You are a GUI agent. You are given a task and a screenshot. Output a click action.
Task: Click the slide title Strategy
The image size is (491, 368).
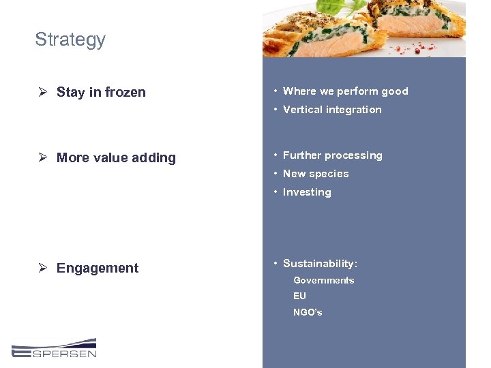(70, 40)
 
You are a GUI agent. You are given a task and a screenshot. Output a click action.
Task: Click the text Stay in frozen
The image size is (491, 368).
(101, 93)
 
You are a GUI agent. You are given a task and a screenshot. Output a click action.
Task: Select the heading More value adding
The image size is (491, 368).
(116, 158)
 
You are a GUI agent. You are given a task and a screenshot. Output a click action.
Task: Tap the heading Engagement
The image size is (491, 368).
(98, 269)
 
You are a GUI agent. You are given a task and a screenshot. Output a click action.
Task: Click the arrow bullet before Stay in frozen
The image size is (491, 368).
(42, 92)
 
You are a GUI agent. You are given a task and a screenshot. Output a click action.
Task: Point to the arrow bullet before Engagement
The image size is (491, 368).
(42, 268)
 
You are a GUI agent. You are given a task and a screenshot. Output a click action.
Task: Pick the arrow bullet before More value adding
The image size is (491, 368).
(42, 157)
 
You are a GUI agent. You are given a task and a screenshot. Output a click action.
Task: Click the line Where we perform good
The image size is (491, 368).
(345, 91)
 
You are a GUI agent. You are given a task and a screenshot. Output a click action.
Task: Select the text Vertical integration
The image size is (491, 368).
(332, 110)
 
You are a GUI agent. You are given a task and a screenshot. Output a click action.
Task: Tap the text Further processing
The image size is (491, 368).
(332, 155)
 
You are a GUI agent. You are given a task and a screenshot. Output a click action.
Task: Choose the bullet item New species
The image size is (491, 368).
(316, 174)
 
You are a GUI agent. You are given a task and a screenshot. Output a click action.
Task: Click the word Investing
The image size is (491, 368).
(307, 192)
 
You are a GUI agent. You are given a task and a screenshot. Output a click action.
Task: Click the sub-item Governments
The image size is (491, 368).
(324, 281)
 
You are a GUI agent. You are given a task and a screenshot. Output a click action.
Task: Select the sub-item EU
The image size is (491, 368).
(300, 296)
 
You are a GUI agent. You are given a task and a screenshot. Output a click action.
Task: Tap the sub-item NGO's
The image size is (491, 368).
(308, 313)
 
